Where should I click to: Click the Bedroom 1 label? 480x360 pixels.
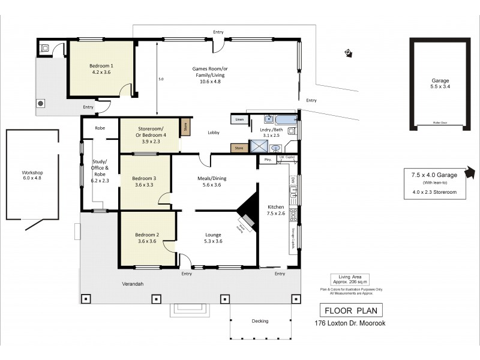point(101,68)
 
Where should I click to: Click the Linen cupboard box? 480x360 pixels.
point(239,120)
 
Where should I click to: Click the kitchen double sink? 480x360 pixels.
point(293,192)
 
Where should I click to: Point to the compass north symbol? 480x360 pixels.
point(347,53)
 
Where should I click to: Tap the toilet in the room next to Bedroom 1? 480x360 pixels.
point(43,48)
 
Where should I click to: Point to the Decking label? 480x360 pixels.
point(260,321)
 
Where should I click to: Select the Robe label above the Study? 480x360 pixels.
point(100,128)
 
